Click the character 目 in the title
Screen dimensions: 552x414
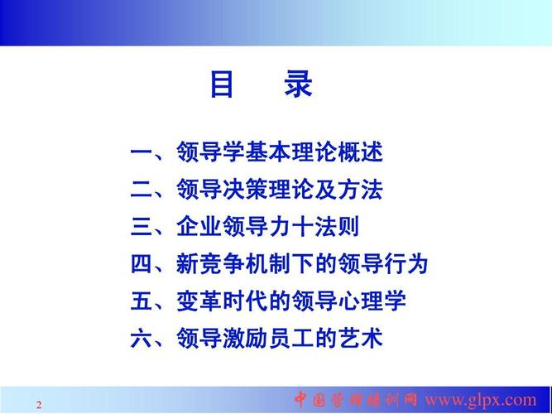coord(222,84)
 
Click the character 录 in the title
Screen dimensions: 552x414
coord(299,84)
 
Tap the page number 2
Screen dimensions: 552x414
coord(39,405)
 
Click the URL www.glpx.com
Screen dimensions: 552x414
coord(481,400)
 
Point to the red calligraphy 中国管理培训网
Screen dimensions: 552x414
coord(356,400)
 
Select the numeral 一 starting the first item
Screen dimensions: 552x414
coord(141,152)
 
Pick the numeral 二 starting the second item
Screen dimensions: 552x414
coord(141,190)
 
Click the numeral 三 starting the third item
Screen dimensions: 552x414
coord(141,227)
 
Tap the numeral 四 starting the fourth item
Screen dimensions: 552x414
coord(141,264)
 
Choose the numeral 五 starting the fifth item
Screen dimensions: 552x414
coord(141,301)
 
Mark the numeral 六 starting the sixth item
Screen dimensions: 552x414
coord(141,339)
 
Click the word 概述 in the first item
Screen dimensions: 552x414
coord(360,152)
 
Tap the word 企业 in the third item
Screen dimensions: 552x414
coord(199,227)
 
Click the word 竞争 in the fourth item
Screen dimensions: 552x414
coord(223,264)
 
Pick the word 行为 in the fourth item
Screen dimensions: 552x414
coord(406,264)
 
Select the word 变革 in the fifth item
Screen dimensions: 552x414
coord(199,301)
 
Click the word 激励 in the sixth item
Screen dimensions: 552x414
coord(245,339)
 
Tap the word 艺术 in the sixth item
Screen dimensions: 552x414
coord(360,339)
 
